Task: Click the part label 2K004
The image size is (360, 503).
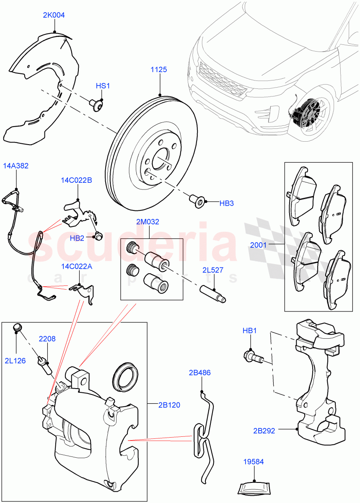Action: (x=54, y=15)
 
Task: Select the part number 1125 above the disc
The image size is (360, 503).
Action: (x=159, y=70)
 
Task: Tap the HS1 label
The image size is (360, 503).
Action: (x=103, y=86)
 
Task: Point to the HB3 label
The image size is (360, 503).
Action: (x=226, y=203)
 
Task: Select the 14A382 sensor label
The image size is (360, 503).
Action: (x=16, y=166)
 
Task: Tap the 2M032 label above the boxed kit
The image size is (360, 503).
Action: (x=147, y=222)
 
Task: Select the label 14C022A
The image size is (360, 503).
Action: (x=76, y=266)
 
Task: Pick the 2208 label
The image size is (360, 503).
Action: (x=47, y=338)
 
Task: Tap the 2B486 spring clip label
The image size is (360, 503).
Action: (x=199, y=372)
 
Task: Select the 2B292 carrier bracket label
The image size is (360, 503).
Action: (x=264, y=430)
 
